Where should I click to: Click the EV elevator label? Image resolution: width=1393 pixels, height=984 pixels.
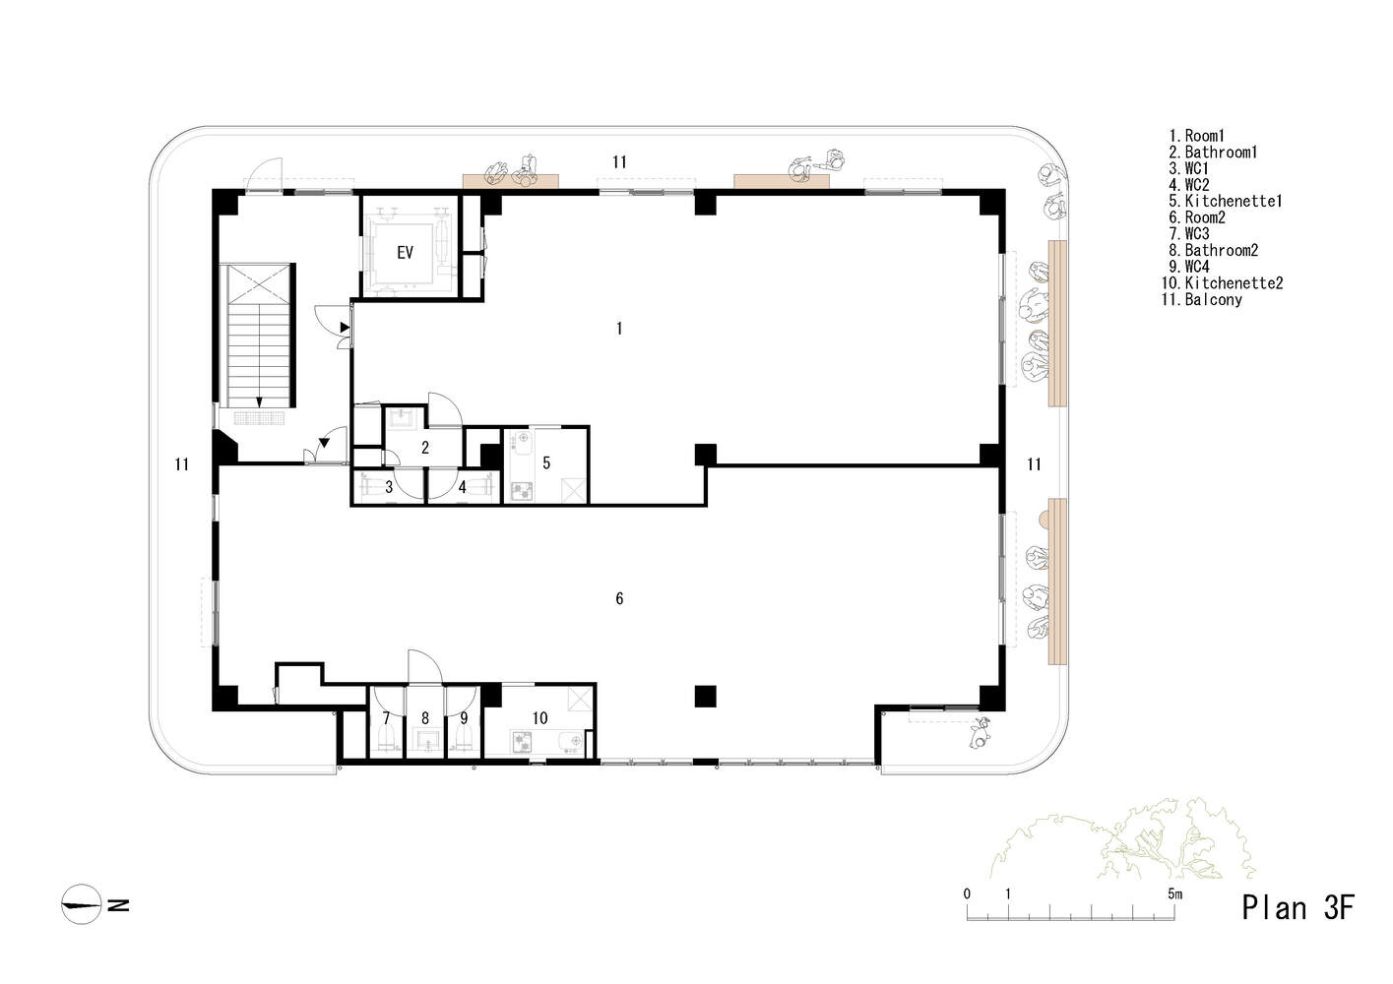[x=405, y=252]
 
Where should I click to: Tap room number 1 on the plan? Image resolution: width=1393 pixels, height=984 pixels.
[x=619, y=329]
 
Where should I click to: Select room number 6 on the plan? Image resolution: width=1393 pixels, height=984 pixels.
[x=619, y=598]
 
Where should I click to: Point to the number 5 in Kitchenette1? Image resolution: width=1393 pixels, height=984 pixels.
[x=546, y=462]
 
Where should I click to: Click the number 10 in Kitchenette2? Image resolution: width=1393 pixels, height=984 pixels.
[x=539, y=718]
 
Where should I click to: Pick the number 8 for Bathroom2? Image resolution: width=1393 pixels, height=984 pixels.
[x=424, y=718]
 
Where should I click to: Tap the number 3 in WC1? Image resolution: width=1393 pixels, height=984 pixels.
[x=389, y=487]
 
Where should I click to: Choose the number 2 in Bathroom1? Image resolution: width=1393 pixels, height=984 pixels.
[x=424, y=448]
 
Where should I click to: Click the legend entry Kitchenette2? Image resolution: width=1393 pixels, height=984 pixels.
[x=1222, y=283]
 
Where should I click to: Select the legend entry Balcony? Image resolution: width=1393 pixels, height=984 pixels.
[x=1202, y=299]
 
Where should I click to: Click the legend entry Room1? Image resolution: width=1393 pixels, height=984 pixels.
[x=1197, y=136]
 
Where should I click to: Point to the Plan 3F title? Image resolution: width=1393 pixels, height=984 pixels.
[x=1298, y=908]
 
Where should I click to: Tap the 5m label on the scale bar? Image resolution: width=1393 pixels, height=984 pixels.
[x=1174, y=893]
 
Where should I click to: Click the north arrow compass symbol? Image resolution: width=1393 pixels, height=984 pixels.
[x=82, y=904]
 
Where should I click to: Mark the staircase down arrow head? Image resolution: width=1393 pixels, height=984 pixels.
[x=259, y=402]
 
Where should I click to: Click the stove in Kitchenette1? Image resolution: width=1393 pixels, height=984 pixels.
[x=522, y=491]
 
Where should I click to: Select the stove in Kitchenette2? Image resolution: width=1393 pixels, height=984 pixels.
[x=521, y=742]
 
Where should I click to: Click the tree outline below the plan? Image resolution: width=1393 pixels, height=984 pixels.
[x=1122, y=839]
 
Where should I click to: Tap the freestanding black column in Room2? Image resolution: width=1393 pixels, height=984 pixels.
[x=705, y=697]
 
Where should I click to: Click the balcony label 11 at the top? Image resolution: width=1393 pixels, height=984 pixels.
[x=619, y=161]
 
